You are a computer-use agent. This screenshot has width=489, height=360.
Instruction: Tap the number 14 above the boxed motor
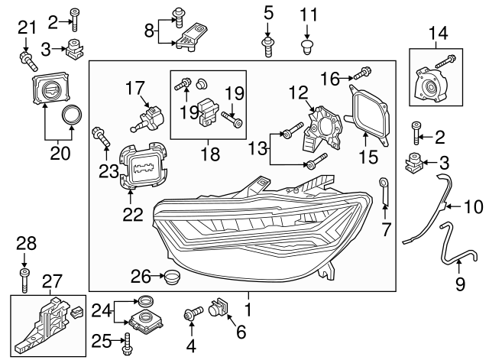click(x=439, y=33)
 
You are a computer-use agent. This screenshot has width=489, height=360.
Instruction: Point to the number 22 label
click(x=133, y=216)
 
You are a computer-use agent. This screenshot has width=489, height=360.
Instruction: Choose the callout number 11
click(x=308, y=14)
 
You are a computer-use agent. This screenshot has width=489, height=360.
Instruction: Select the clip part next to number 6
click(x=218, y=306)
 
